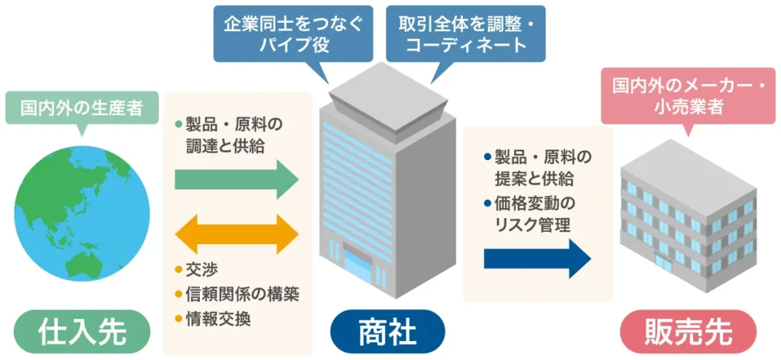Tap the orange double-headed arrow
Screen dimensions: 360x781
click(x=236, y=233)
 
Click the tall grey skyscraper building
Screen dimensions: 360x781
click(x=387, y=191)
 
